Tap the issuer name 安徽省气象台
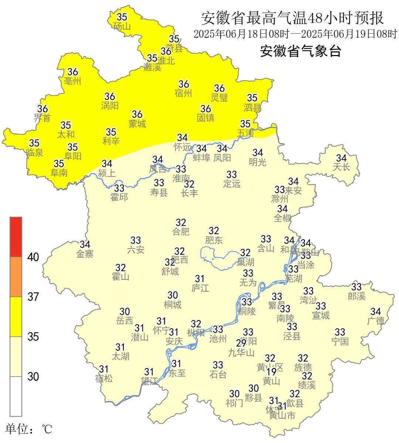pyautogui.click(x=300, y=51)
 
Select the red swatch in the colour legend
pyautogui.click(x=16, y=237)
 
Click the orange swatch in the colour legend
pyautogui.click(x=16, y=277)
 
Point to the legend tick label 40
pyautogui.click(x=33, y=257)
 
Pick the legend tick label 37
pyautogui.click(x=33, y=296)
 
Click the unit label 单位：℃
pyautogui.click(x=29, y=429)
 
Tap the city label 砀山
pyautogui.click(x=122, y=26)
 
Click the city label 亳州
pyautogui.click(x=72, y=81)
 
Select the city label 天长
pyautogui.click(x=341, y=167)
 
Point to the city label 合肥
pyautogui.click(x=181, y=232)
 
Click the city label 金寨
pyautogui.click(x=85, y=254)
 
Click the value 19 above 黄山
pyautogui.click(x=272, y=372)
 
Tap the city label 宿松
pyautogui.click(x=104, y=378)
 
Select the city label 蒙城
pyautogui.click(x=137, y=124)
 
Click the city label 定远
pyautogui.click(x=232, y=183)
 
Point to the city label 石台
pyautogui.click(x=218, y=375)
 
